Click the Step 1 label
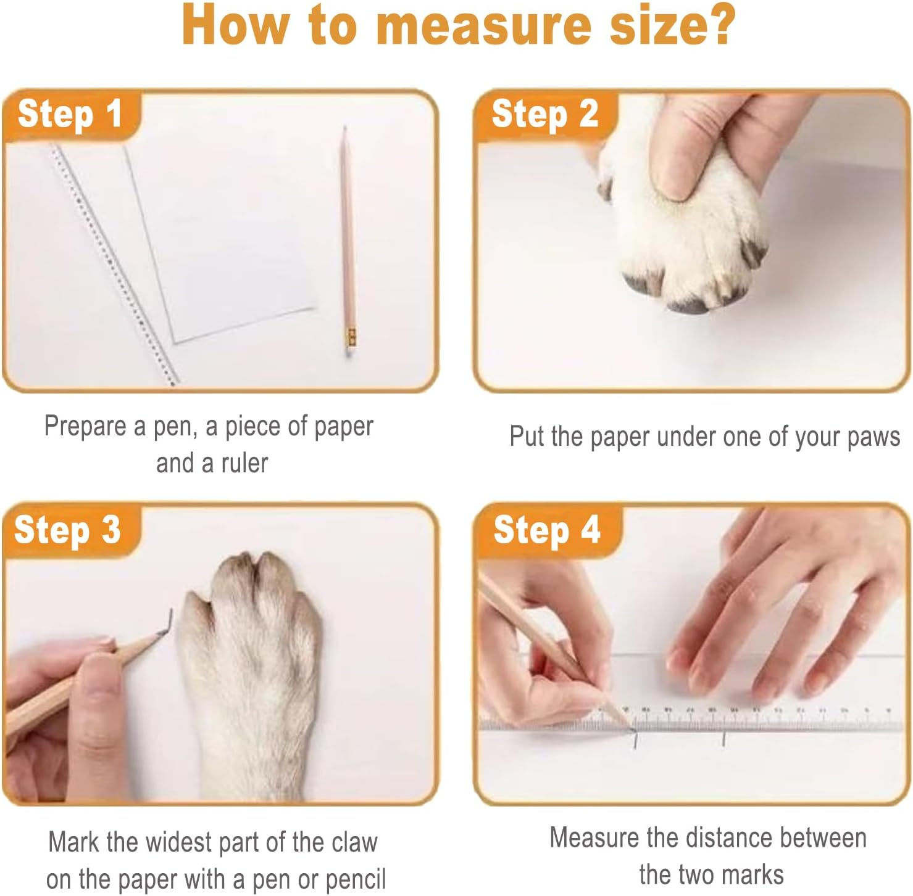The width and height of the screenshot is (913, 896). point(70,114)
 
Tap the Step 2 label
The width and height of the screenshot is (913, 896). point(544,114)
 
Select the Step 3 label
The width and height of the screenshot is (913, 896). point(67,530)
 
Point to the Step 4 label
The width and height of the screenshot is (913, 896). point(546,530)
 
